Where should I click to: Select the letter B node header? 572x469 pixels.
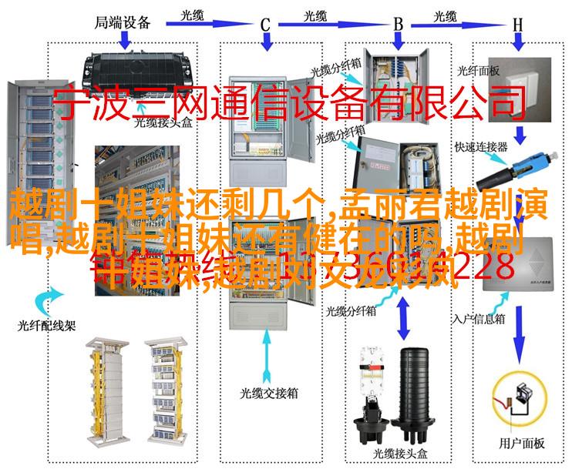coord(399,25)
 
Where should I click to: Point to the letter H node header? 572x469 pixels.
coord(518,25)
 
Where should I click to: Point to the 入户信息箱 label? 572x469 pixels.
coord(478,295)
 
